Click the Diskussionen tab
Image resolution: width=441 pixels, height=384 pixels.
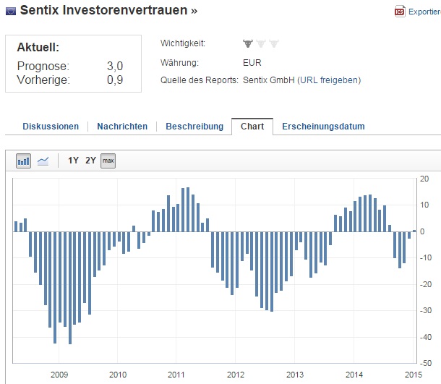coord(51,127)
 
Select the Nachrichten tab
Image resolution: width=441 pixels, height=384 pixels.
coord(122,127)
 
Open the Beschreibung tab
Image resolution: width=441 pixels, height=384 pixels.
coord(194,127)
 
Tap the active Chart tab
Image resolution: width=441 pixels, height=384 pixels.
coord(252,127)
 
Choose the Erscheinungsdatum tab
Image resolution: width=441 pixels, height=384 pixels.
coord(323,127)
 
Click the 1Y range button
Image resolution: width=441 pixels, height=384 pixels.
coord(73,161)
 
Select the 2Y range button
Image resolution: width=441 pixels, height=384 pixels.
coord(90,161)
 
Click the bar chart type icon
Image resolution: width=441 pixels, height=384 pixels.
coord(24,161)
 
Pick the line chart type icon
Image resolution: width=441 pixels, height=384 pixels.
coord(43,161)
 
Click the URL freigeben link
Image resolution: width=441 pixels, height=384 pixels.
coord(330,80)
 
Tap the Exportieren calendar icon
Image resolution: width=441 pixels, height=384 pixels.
coord(399,12)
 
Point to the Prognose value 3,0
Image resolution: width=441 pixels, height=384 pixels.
coord(114,67)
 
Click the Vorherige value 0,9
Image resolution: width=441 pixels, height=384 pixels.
coord(114,80)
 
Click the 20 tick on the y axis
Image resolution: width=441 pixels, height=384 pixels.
coord(425,179)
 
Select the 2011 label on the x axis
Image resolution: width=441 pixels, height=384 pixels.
coord(176,375)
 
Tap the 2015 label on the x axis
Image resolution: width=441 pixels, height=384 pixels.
coord(413,375)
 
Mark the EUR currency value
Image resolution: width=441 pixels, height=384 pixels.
coord(252,62)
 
